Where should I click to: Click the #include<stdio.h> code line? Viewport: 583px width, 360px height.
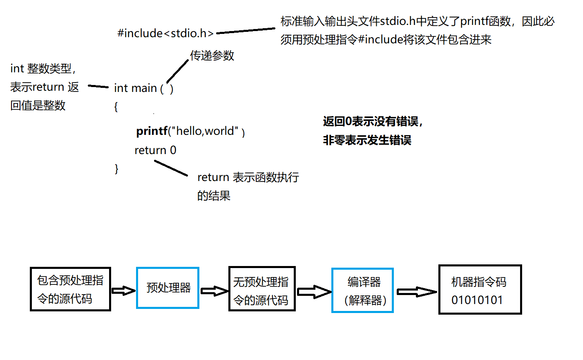click(x=165, y=33)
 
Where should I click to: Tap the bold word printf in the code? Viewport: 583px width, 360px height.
click(x=152, y=131)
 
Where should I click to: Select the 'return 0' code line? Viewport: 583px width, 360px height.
click(x=155, y=150)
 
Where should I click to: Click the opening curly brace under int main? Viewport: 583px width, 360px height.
click(x=116, y=107)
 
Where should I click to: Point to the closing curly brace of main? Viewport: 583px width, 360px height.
click(x=116, y=169)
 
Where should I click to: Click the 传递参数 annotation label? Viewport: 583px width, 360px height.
click(x=212, y=56)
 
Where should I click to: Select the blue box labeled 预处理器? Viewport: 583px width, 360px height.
click(x=168, y=288)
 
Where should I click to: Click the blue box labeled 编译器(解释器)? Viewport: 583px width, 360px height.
click(x=362, y=291)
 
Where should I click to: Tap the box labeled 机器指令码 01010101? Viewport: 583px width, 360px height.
click(x=480, y=289)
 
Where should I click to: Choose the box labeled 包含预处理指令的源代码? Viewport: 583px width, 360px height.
click(x=70, y=289)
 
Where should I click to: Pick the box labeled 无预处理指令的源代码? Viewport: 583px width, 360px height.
click(x=262, y=289)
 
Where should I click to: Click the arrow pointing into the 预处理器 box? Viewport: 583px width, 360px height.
click(x=123, y=291)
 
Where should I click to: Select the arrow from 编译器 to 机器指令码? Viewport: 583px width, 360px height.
click(x=417, y=291)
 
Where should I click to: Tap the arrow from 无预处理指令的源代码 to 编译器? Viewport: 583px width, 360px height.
click(x=314, y=292)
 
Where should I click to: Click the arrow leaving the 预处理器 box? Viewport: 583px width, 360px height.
click(x=214, y=291)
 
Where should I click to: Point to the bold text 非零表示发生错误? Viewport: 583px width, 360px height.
click(x=367, y=140)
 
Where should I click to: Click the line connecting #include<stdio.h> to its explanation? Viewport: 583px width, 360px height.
click(x=246, y=31)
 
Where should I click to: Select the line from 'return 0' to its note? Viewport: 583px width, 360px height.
click(x=171, y=168)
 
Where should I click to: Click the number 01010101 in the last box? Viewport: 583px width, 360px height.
click(x=477, y=300)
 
